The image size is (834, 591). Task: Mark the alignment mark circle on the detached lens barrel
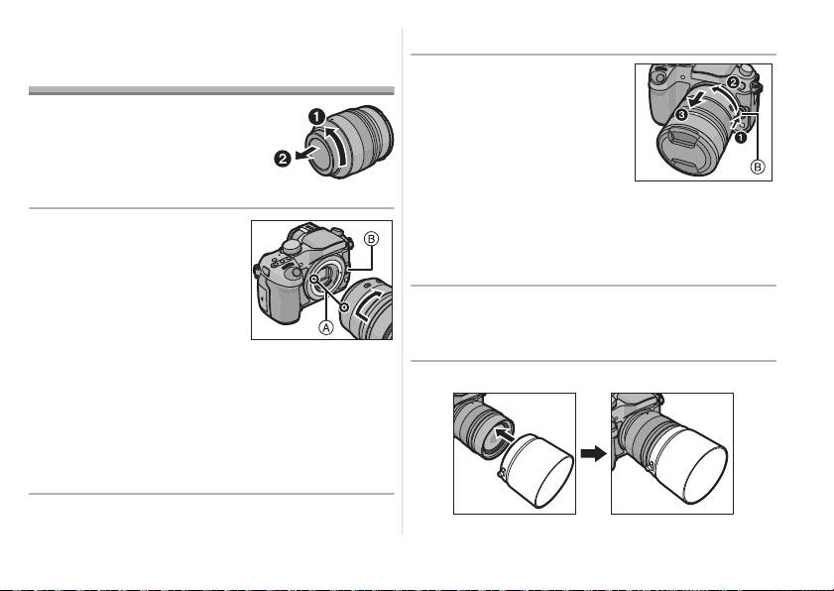pos(343,295)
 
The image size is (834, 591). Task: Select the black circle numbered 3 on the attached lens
pos(681,115)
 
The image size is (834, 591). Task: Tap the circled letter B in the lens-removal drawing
pos(757,168)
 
